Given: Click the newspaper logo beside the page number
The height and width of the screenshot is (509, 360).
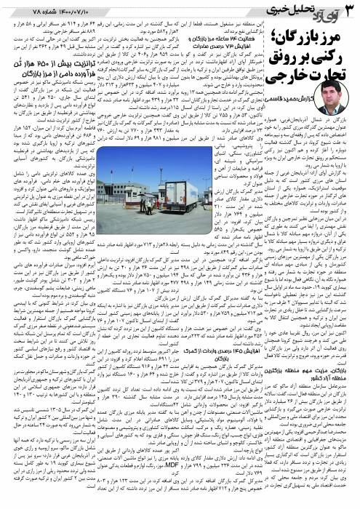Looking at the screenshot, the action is pos(324,10).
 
